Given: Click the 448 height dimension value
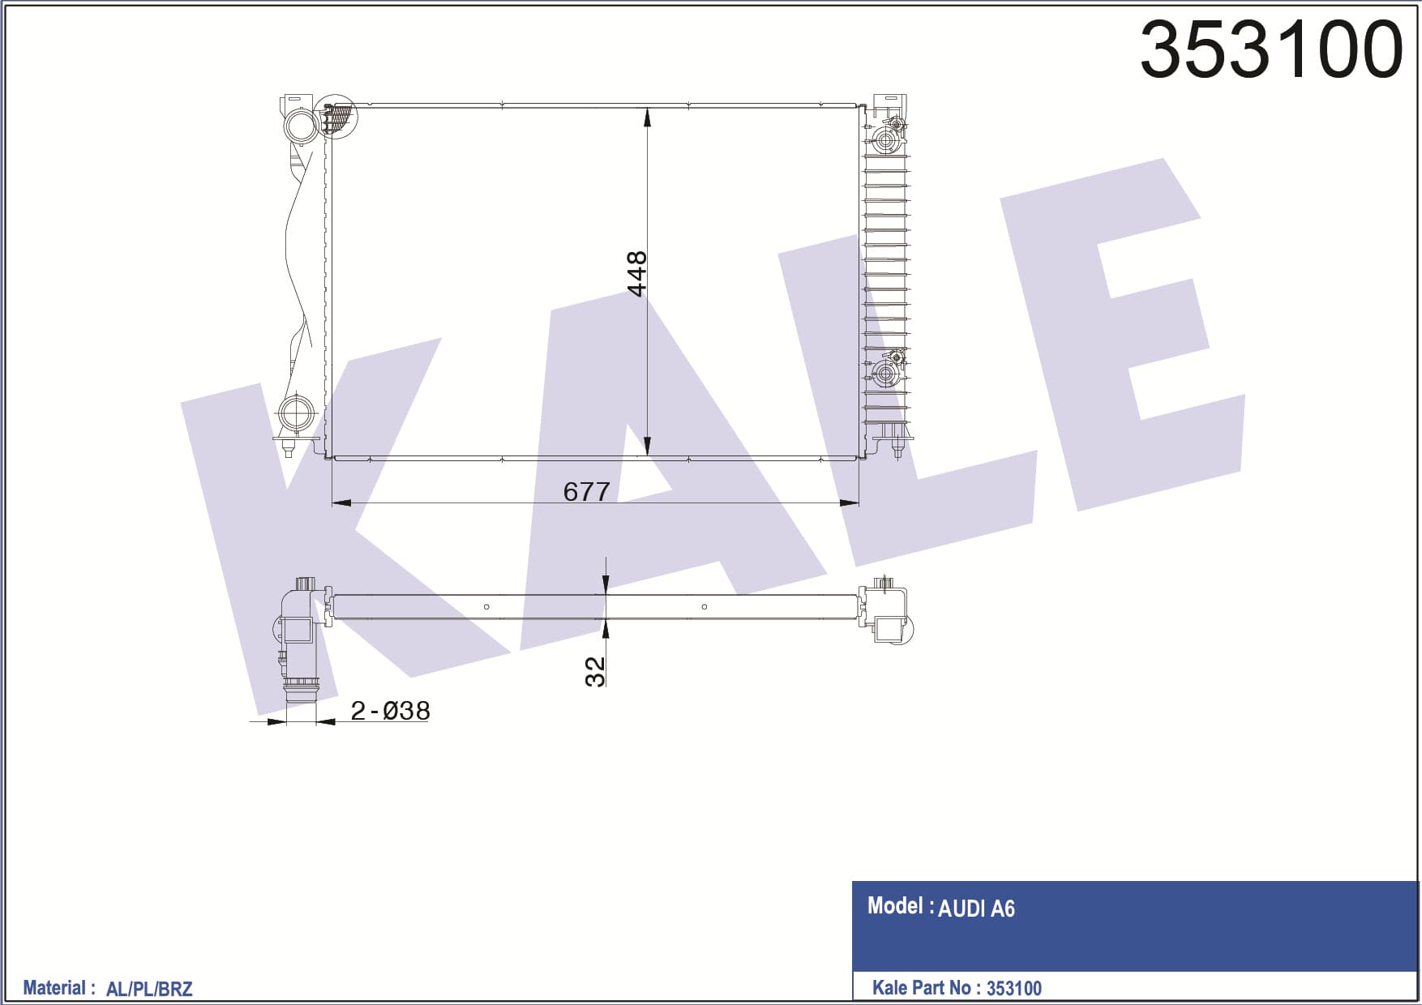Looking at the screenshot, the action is (637, 274).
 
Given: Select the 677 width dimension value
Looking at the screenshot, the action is (586, 491).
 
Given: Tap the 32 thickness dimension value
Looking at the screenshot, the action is (595, 672).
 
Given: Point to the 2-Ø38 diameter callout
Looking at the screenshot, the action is (390, 711).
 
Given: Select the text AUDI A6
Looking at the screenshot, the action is (976, 909).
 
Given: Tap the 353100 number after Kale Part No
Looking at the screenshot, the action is (1014, 988).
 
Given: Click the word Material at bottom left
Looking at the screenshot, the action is (54, 988).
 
